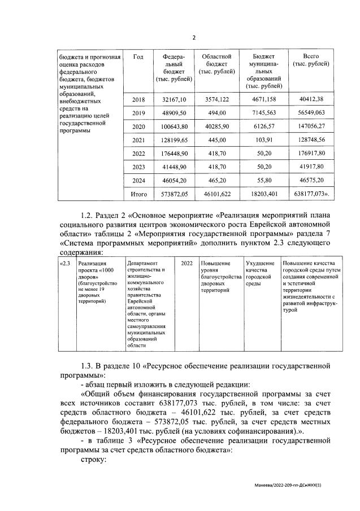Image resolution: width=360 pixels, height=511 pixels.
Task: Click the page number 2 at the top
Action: [194, 38]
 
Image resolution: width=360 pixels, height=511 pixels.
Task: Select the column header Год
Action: [138, 56]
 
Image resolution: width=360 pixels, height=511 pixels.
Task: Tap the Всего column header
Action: [310, 60]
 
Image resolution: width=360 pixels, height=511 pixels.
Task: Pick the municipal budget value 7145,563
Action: [263, 114]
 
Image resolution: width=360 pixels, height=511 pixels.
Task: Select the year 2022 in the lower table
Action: [186, 264]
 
